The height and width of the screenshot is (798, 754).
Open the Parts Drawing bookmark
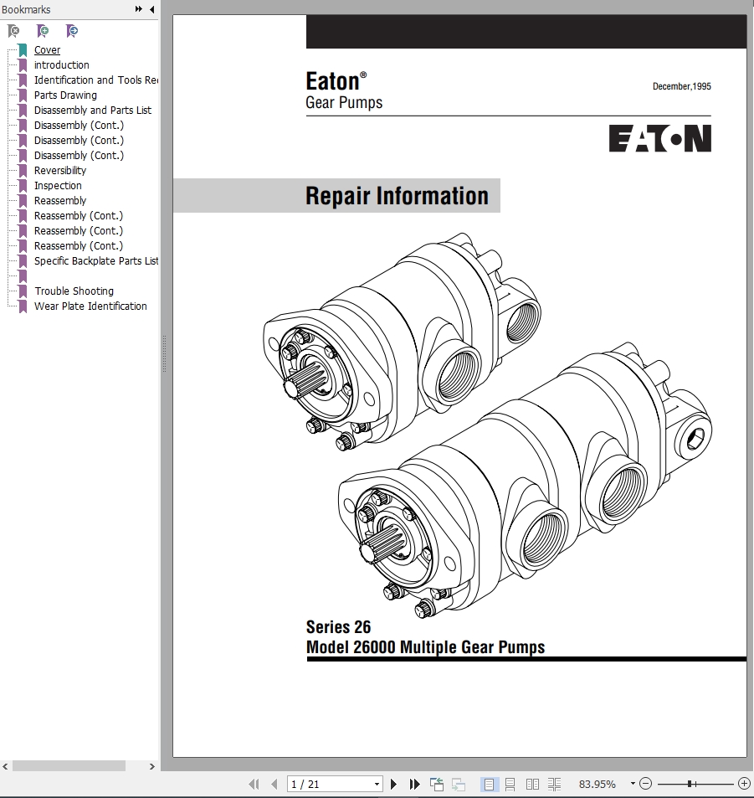click(x=65, y=95)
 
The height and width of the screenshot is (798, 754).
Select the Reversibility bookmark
click(x=60, y=171)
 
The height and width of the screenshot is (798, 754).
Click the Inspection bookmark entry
click(x=58, y=186)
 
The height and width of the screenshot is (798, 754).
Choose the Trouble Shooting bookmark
click(x=74, y=291)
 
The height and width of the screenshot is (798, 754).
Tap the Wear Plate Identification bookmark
click(x=90, y=306)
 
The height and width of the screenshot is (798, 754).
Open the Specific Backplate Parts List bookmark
click(x=96, y=261)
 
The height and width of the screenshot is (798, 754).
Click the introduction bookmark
click(x=62, y=65)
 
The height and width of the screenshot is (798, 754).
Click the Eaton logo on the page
click(x=660, y=139)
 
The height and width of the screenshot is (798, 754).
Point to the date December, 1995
click(x=682, y=86)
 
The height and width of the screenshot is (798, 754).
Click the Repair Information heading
click(x=397, y=196)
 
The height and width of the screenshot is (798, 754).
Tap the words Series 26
click(x=338, y=627)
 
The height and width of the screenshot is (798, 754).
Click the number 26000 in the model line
click(x=374, y=647)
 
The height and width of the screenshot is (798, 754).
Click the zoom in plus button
click(x=744, y=784)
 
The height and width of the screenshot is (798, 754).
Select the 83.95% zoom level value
click(x=598, y=785)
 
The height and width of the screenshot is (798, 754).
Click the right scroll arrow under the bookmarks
click(x=151, y=766)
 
